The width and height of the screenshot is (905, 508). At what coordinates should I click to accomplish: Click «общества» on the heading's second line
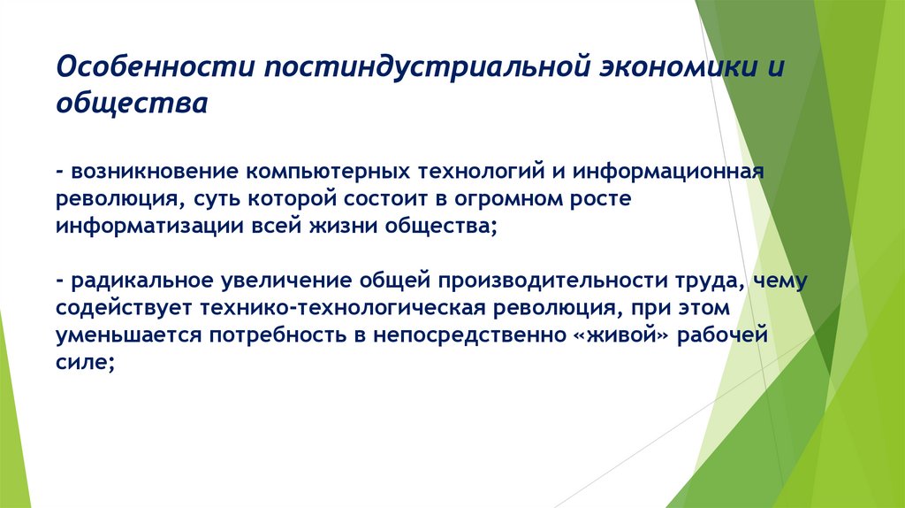click(x=132, y=104)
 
